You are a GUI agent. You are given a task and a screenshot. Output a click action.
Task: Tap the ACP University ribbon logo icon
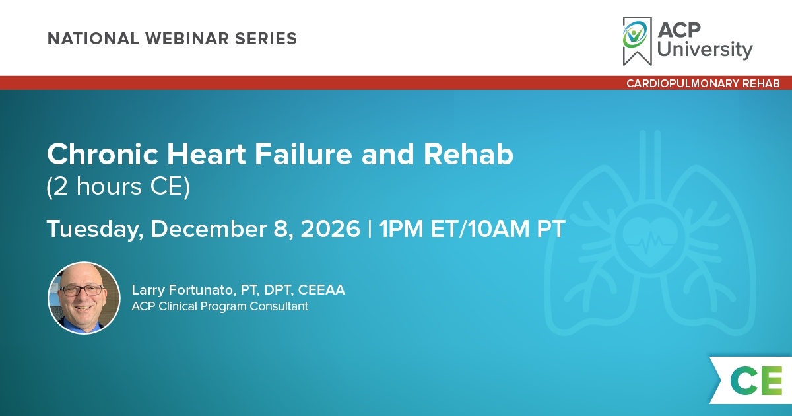pos(637,41)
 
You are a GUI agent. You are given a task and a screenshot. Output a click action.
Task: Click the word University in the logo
pos(705,50)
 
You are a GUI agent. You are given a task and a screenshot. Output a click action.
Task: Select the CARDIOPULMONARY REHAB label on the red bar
pos(703,83)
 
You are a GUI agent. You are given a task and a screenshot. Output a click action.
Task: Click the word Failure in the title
pos(304,155)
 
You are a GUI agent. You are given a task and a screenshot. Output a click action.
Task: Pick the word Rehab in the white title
pos(469,155)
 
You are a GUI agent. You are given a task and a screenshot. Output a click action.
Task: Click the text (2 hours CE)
pos(118,187)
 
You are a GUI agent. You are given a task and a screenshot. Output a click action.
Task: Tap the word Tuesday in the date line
pos(95,229)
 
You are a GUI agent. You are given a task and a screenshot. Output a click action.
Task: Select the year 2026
pos(330,229)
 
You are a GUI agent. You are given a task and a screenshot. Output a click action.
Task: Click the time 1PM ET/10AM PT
pos(472,229)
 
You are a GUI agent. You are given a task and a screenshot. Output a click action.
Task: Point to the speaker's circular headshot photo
pos(84,298)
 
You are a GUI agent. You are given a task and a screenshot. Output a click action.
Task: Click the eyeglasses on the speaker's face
pos(82,291)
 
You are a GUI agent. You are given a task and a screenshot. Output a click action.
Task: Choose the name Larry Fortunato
pos(182,290)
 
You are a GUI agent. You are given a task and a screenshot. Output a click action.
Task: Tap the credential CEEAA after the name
pos(321,290)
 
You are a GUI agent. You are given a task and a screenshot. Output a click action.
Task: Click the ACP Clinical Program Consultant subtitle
pos(220,306)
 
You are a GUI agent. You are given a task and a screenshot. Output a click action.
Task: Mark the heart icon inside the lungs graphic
pos(649,240)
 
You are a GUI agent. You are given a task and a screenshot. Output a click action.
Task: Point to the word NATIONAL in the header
pos(93,38)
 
